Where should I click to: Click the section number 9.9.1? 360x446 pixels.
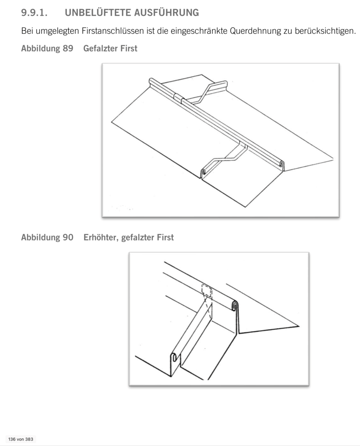tap(34, 13)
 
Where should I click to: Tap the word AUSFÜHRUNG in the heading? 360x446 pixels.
tap(166, 13)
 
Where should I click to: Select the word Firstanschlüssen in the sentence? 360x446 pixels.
tap(113, 31)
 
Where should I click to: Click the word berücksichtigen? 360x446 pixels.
tap(325, 31)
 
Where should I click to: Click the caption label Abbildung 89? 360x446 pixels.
tap(47, 48)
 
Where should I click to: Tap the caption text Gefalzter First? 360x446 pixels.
tap(110, 48)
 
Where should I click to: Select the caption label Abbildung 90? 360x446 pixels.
tap(47, 237)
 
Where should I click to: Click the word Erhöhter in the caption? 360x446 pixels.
tap(101, 237)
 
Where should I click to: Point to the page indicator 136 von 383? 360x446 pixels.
tap(21, 439)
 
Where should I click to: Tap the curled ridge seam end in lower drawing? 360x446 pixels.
tap(235, 306)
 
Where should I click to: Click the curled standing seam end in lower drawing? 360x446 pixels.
tap(174, 357)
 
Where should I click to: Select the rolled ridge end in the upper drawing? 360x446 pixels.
tap(282, 164)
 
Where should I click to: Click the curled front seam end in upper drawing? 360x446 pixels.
tap(203, 172)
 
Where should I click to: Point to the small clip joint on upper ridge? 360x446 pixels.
tap(178, 98)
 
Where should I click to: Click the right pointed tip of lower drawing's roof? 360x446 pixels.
tap(299, 326)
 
